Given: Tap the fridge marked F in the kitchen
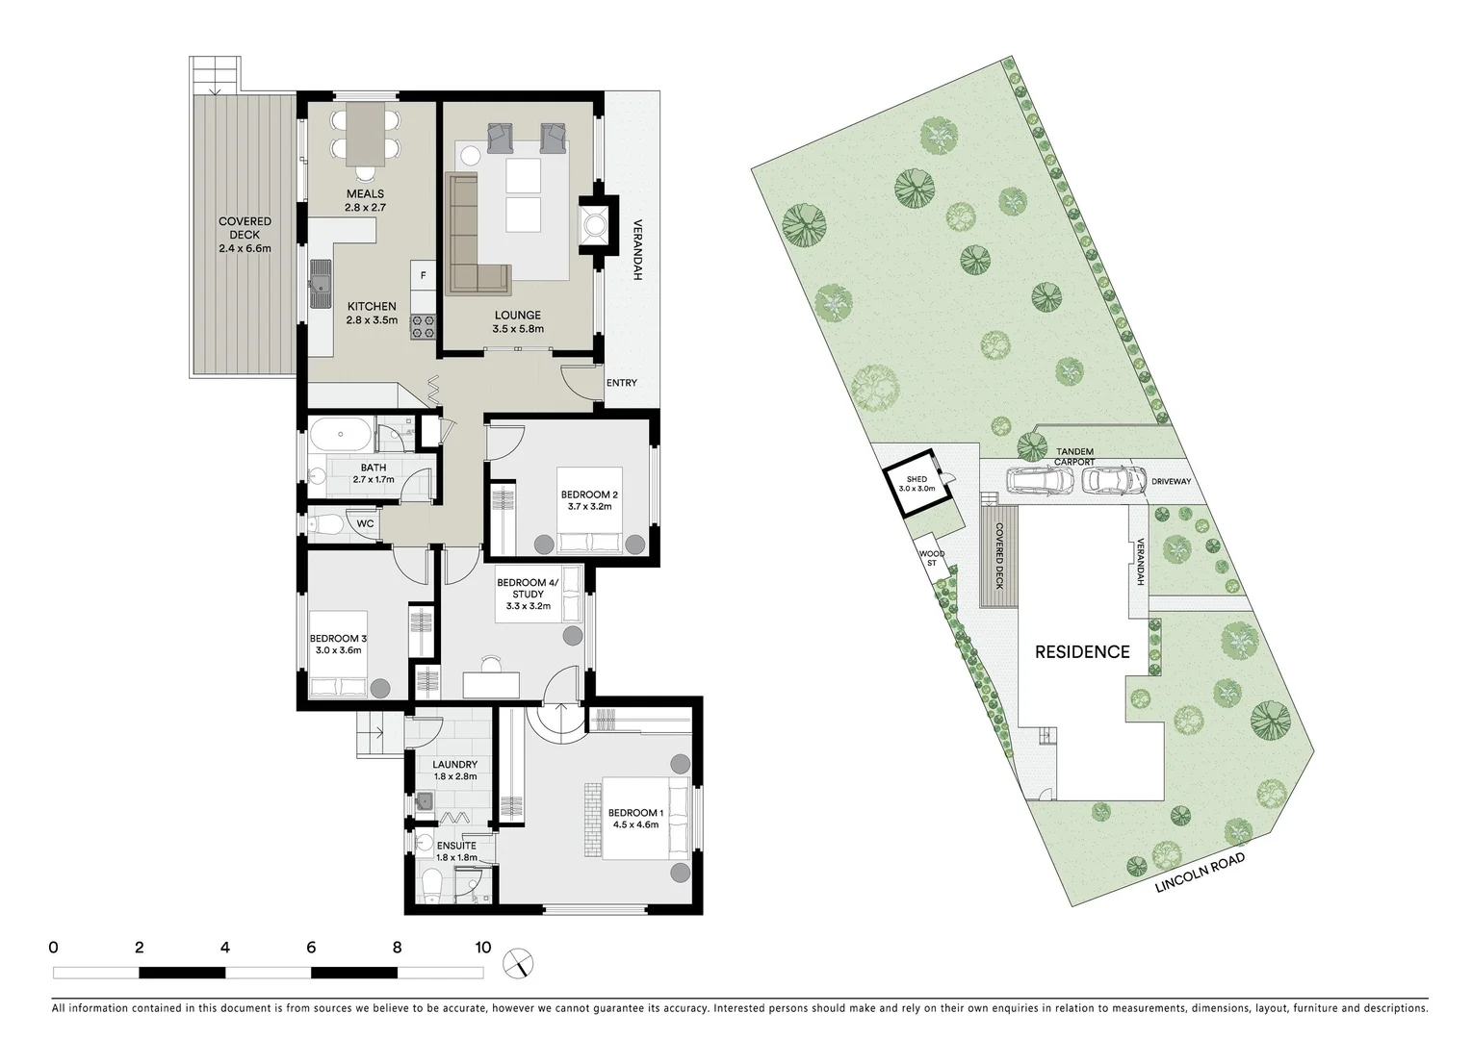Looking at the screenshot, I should [x=422, y=274].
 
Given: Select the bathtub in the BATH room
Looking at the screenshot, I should [x=341, y=435].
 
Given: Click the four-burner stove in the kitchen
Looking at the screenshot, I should [x=424, y=327].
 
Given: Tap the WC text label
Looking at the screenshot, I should [x=365, y=523].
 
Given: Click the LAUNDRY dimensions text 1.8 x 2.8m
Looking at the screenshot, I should [x=454, y=775].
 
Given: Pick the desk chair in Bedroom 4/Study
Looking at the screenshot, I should [x=491, y=663].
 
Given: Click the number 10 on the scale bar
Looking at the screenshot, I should [x=482, y=948].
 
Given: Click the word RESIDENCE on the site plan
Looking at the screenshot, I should [x=1081, y=651].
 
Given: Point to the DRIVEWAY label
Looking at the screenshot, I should [x=1171, y=482].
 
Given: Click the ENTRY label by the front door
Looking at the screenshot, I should [x=621, y=383].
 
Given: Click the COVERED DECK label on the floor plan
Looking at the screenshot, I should [x=245, y=234].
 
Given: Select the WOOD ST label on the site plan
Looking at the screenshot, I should [x=930, y=558].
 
